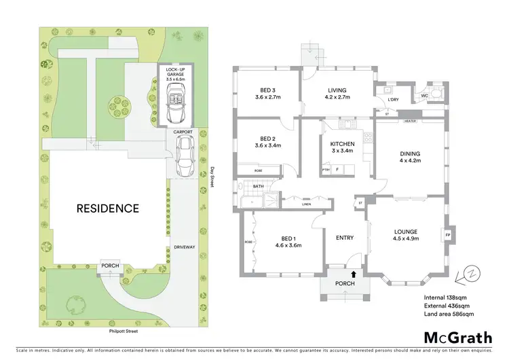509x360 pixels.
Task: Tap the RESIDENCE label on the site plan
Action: point(107,209)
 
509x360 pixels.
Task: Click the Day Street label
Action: point(212,178)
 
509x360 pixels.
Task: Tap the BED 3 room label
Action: point(267,94)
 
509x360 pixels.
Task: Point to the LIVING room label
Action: point(337,94)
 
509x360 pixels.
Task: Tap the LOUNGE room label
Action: point(406,235)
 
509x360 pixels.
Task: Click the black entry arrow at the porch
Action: point(352,274)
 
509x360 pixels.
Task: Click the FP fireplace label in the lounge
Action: point(447,236)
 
